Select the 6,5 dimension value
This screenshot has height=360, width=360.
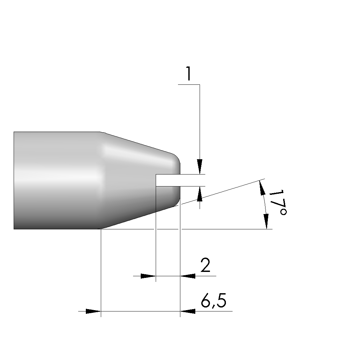click(214, 300)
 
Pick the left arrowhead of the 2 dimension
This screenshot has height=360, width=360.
click(148, 276)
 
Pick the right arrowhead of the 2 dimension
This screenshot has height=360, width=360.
click(188, 276)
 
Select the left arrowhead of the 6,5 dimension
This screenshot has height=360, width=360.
click(93, 311)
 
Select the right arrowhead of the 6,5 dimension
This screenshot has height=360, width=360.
click(188, 311)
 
